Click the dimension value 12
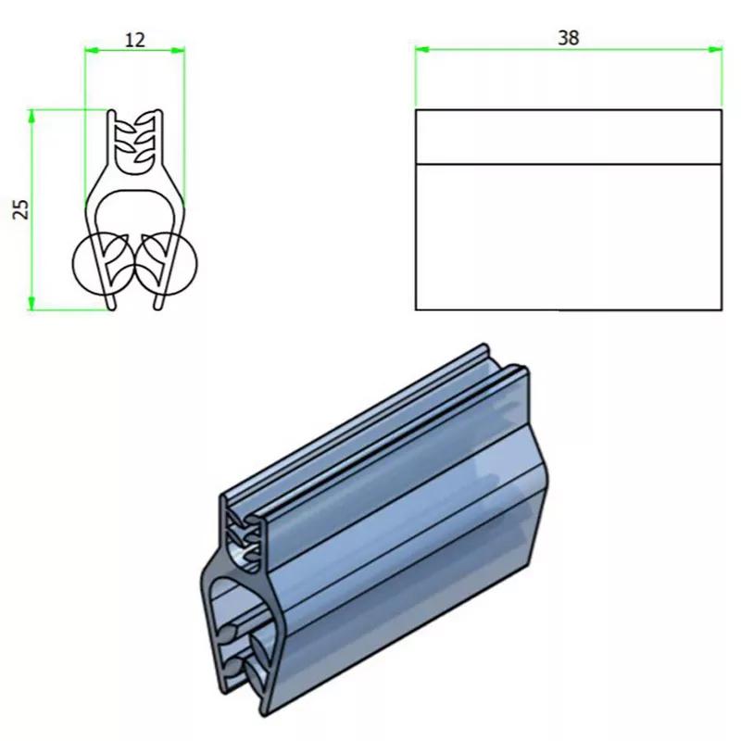coord(134,39)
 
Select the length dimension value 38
coord(568,38)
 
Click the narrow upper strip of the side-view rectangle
coord(568,137)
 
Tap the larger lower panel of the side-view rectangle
coord(568,236)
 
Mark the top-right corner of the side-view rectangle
coord(721,110)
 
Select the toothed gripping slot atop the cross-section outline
coord(135,139)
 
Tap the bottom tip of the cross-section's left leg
coord(112,306)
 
